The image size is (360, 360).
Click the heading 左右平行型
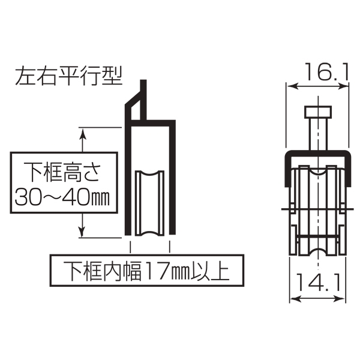pyautogui.click(x=68, y=76)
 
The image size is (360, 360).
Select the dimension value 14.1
pyautogui.click(x=319, y=283)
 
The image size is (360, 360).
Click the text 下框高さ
pyautogui.click(x=62, y=172)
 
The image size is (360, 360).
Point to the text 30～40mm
pyautogui.click(x=62, y=197)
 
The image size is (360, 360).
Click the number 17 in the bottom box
pyautogui.click(x=157, y=270)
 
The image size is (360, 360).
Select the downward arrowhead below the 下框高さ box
pyautogui.click(x=82, y=231)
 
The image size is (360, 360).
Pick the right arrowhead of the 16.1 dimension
pyautogui.click(x=343, y=86)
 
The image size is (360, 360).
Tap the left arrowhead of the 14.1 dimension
pyautogui.click(x=295, y=299)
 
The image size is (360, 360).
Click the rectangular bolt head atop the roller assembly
pyautogui.click(x=318, y=112)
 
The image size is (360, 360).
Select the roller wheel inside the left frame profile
pyautogui.click(x=149, y=203)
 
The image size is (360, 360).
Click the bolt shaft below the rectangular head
pyautogui.click(x=318, y=134)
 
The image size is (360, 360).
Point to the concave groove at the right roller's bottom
pyautogui.click(x=318, y=252)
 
